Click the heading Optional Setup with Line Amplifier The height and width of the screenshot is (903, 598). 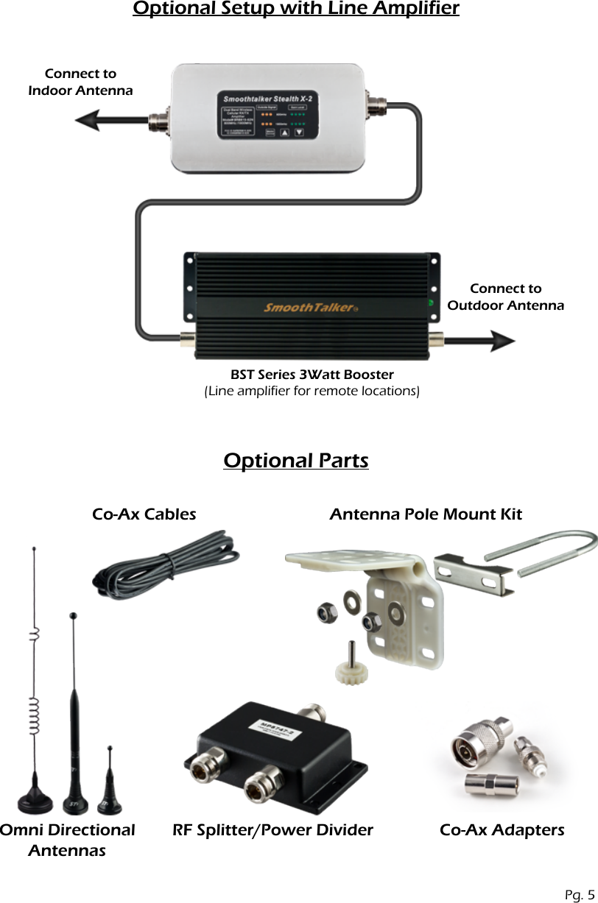coord(295,10)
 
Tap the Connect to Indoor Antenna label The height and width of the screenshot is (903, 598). coord(80,82)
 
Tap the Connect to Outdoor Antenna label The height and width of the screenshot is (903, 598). coord(505,297)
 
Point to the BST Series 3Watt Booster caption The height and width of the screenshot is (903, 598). coord(312,375)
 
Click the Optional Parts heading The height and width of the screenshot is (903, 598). coord(295,461)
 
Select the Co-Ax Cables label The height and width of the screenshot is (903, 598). coord(144,514)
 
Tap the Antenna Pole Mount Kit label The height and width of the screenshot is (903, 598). coord(425,514)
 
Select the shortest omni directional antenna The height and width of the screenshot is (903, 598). coord(110,787)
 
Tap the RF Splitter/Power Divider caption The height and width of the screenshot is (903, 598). coord(272,830)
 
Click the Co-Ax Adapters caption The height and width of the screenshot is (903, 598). coord(502,830)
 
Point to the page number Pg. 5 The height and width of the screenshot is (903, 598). coord(580,895)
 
